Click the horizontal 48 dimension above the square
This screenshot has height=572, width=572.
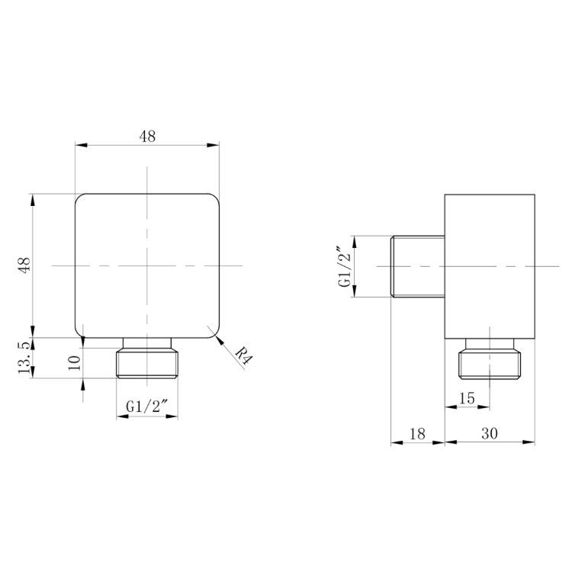[x=147, y=137]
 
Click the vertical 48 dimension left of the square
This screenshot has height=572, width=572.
[x=25, y=265]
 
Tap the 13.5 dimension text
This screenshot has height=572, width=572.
[x=24, y=358]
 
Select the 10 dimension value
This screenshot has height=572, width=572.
[x=75, y=362]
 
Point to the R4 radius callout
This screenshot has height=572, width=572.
[x=244, y=355]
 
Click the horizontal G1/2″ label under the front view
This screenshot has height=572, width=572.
[x=147, y=406]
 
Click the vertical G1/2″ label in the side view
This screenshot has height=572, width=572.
[x=345, y=267]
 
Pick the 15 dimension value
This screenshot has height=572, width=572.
[x=467, y=398]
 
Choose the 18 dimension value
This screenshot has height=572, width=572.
[x=417, y=434]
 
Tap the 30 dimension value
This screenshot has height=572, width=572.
[x=490, y=433]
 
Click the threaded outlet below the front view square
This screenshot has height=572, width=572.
[x=147, y=364]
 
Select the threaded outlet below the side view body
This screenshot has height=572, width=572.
[x=490, y=365]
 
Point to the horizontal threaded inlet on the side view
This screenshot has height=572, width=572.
[x=418, y=266]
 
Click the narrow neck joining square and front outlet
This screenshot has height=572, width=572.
[x=147, y=343]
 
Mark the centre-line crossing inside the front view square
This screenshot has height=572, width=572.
[x=147, y=265]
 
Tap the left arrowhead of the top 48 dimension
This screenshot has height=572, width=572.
[x=82, y=145]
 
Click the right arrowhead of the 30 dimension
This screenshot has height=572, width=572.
[x=529, y=442]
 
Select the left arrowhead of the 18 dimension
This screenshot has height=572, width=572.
[x=397, y=442]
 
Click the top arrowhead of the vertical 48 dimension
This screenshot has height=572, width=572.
[x=33, y=201]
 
